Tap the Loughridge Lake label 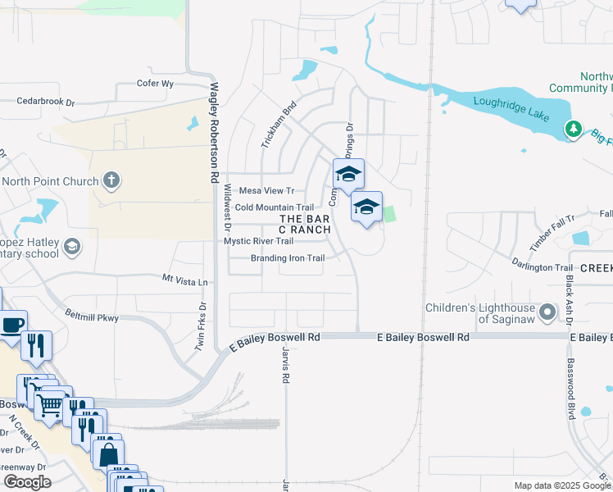pyautogui.click(x=512, y=117)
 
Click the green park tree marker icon pyautogui.click(x=574, y=129)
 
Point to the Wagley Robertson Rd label pyautogui.click(x=215, y=131)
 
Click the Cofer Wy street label pyautogui.click(x=156, y=84)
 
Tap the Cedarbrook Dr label pyautogui.click(x=45, y=102)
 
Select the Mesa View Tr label pyautogui.click(x=266, y=190)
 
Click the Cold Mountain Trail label pyautogui.click(x=274, y=207)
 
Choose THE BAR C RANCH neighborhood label pyautogui.click(x=304, y=224)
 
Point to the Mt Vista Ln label pyautogui.click(x=185, y=280)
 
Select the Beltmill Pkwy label pyautogui.click(x=92, y=317)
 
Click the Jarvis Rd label pyautogui.click(x=285, y=365)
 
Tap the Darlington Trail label pyautogui.click(x=542, y=268)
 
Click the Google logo pyautogui.click(x=27, y=482)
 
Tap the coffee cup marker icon pyautogui.click(x=12, y=325)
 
